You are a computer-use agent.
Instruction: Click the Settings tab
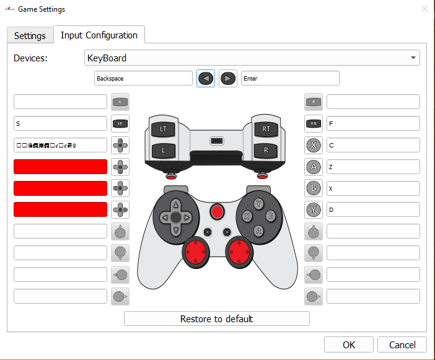click(x=30, y=35)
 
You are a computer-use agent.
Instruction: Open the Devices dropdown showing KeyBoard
click(x=252, y=58)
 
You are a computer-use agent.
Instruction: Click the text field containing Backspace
click(x=143, y=78)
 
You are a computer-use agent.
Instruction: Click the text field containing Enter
click(x=290, y=78)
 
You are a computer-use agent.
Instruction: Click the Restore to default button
click(x=216, y=318)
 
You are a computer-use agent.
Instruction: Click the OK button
click(x=349, y=345)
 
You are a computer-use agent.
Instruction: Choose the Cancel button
click(x=402, y=345)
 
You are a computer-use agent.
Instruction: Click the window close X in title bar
click(x=424, y=9)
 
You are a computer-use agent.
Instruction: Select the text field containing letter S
click(x=60, y=123)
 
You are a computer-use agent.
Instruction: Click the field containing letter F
click(x=373, y=123)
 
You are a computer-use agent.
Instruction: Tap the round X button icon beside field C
click(x=314, y=145)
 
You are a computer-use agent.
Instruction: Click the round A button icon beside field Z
click(x=314, y=167)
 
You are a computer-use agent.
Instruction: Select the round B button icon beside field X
click(x=314, y=188)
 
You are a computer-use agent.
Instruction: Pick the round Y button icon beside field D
click(x=314, y=209)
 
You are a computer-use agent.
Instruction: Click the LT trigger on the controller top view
click(x=164, y=129)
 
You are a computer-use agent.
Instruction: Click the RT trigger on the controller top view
click(x=266, y=129)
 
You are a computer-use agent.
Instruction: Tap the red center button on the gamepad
click(x=216, y=212)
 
